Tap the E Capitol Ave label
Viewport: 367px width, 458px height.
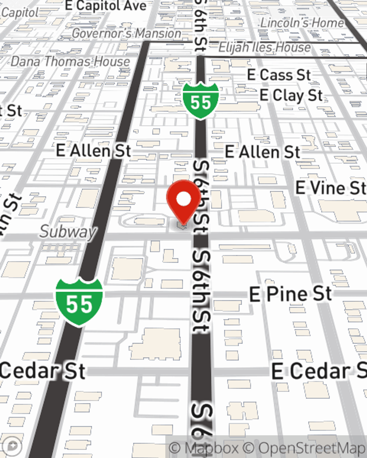(x=105, y=5)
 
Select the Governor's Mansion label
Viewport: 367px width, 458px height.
(x=126, y=33)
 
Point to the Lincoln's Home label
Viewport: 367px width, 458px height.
(x=302, y=23)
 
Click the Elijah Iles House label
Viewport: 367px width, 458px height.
(x=265, y=47)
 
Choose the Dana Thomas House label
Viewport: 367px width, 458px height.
(x=70, y=61)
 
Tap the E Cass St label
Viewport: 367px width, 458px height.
(x=279, y=75)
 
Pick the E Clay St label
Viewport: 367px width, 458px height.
(x=291, y=95)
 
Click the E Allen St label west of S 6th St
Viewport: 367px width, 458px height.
(x=94, y=151)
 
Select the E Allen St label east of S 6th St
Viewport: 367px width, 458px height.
(x=262, y=152)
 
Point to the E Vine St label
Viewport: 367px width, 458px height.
(x=331, y=188)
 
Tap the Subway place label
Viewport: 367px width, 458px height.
(x=68, y=232)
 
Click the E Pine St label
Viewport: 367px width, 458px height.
(x=290, y=294)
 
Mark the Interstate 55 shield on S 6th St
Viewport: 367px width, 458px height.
(x=201, y=101)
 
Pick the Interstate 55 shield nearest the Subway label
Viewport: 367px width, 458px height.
(x=79, y=302)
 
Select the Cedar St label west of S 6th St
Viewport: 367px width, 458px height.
(x=43, y=371)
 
